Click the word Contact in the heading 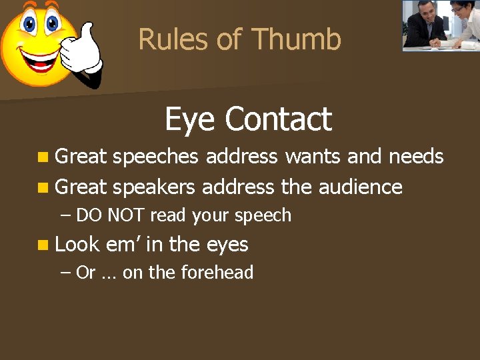tap(278, 120)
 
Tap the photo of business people tap(440, 25)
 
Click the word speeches tap(155, 157)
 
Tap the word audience tap(360, 187)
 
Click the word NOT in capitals tap(127, 216)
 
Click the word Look tap(77, 245)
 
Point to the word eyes tap(227, 245)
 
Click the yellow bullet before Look tap(43, 245)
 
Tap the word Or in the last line tap(85, 273)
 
